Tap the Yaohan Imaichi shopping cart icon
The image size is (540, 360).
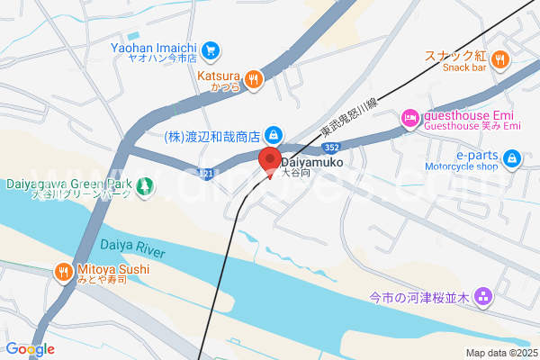(211, 49)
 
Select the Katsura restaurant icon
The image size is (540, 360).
(254, 79)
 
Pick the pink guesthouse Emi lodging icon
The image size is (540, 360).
(409, 116)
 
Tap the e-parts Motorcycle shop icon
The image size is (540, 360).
(512, 160)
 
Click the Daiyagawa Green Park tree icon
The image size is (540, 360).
(144, 187)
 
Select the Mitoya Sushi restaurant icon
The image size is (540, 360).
(62, 270)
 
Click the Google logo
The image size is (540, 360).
(30, 349)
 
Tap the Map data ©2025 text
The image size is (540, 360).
(500, 352)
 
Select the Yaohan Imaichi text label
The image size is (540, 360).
(155, 46)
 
